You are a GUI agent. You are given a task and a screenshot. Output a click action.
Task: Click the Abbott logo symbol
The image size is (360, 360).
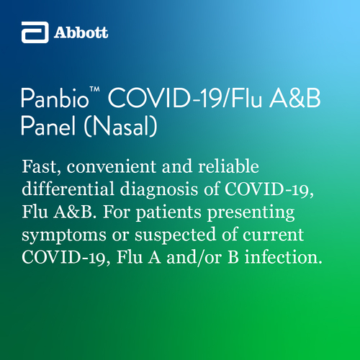[35, 32]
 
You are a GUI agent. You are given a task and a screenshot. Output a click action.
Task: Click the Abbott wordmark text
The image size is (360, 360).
[81, 32]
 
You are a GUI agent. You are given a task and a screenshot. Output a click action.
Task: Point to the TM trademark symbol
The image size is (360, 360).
[95, 89]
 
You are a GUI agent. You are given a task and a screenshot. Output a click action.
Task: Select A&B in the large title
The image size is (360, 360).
[294, 99]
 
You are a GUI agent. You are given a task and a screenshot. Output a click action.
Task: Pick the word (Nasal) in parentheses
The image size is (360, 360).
[121, 126]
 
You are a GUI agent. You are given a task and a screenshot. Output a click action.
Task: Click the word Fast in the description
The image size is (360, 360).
[41, 166]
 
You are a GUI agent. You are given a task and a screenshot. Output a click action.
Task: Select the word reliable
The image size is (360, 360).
[228, 166]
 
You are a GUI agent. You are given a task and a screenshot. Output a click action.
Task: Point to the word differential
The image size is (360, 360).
[68, 189]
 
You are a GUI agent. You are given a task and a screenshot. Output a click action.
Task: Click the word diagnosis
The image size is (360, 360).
[159, 189]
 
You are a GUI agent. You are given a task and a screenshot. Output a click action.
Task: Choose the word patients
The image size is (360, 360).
[168, 212]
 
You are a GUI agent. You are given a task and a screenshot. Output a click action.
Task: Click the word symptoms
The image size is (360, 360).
[64, 235]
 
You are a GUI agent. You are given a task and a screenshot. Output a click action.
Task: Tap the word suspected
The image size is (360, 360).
[175, 235]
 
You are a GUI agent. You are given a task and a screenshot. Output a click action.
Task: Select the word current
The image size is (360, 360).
[273, 235]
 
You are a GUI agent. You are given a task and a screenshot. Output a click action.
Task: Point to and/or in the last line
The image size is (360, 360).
[194, 258]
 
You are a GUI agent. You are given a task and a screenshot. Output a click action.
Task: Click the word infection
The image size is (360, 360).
[284, 257]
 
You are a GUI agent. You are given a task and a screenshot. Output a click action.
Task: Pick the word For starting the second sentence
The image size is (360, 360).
[117, 212]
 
